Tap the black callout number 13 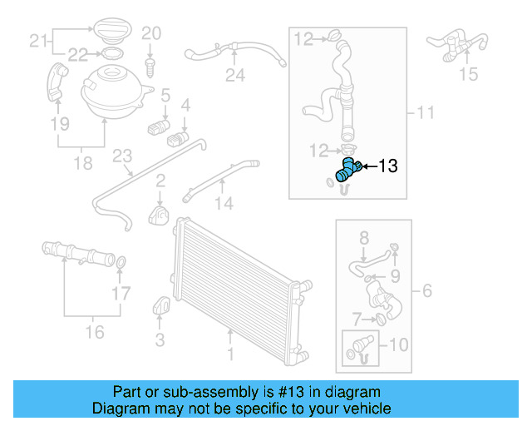(387, 166)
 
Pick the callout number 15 (469, 75)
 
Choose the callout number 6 (427, 291)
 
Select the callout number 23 (123, 156)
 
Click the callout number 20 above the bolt (150, 33)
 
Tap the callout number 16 (96, 332)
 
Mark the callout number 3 (160, 339)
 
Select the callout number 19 (59, 125)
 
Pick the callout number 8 (363, 239)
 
